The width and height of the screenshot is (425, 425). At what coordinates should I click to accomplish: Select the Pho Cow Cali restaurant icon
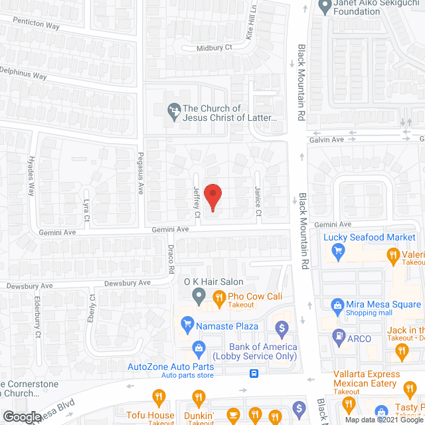(x=216, y=298)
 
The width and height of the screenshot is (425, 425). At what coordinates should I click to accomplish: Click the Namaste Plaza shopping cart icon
(x=187, y=325)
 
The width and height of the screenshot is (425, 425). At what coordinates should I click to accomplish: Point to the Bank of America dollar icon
(x=282, y=327)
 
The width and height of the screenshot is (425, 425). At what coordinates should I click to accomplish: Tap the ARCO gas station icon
(x=339, y=336)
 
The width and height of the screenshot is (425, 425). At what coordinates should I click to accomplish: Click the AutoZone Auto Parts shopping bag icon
(x=198, y=347)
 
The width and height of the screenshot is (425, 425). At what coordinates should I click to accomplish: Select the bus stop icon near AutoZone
(x=254, y=373)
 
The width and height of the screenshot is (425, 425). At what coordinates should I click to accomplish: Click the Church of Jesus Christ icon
(x=173, y=112)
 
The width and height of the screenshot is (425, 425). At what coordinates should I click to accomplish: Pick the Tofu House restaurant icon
(x=159, y=398)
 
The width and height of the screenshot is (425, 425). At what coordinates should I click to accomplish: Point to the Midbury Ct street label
(x=214, y=48)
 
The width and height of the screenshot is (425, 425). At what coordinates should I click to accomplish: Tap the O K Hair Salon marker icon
(x=198, y=295)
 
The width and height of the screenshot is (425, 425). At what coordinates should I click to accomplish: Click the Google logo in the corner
(x=23, y=417)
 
